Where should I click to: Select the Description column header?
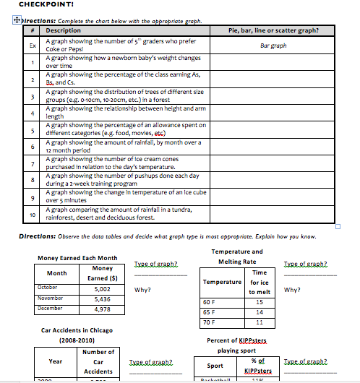click(x=64, y=31)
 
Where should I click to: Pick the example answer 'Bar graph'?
click(x=273, y=45)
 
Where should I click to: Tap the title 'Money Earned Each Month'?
click(x=77, y=258)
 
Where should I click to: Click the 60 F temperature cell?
click(x=209, y=301)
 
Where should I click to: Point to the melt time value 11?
click(x=259, y=322)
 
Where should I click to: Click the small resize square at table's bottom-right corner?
click(x=337, y=226)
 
